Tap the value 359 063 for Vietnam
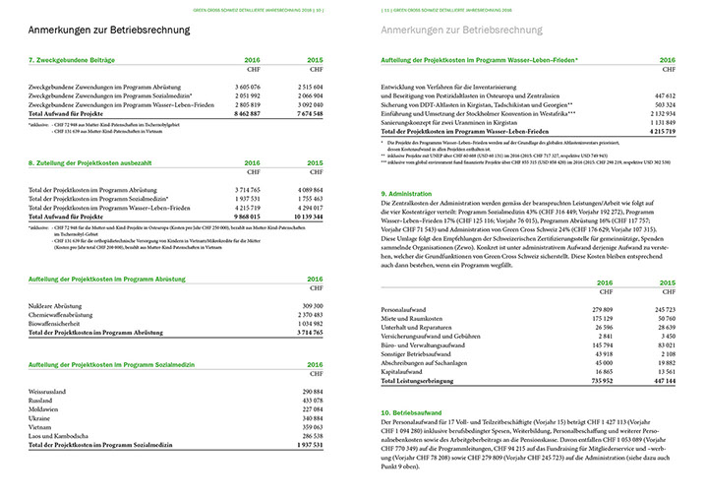(x=312, y=426)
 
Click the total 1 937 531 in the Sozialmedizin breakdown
(x=309, y=444)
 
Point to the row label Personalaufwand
(x=410, y=309)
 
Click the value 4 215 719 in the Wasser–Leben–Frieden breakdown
(x=669, y=131)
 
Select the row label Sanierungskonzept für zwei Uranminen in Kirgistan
(x=451, y=123)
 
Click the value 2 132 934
(x=669, y=114)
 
